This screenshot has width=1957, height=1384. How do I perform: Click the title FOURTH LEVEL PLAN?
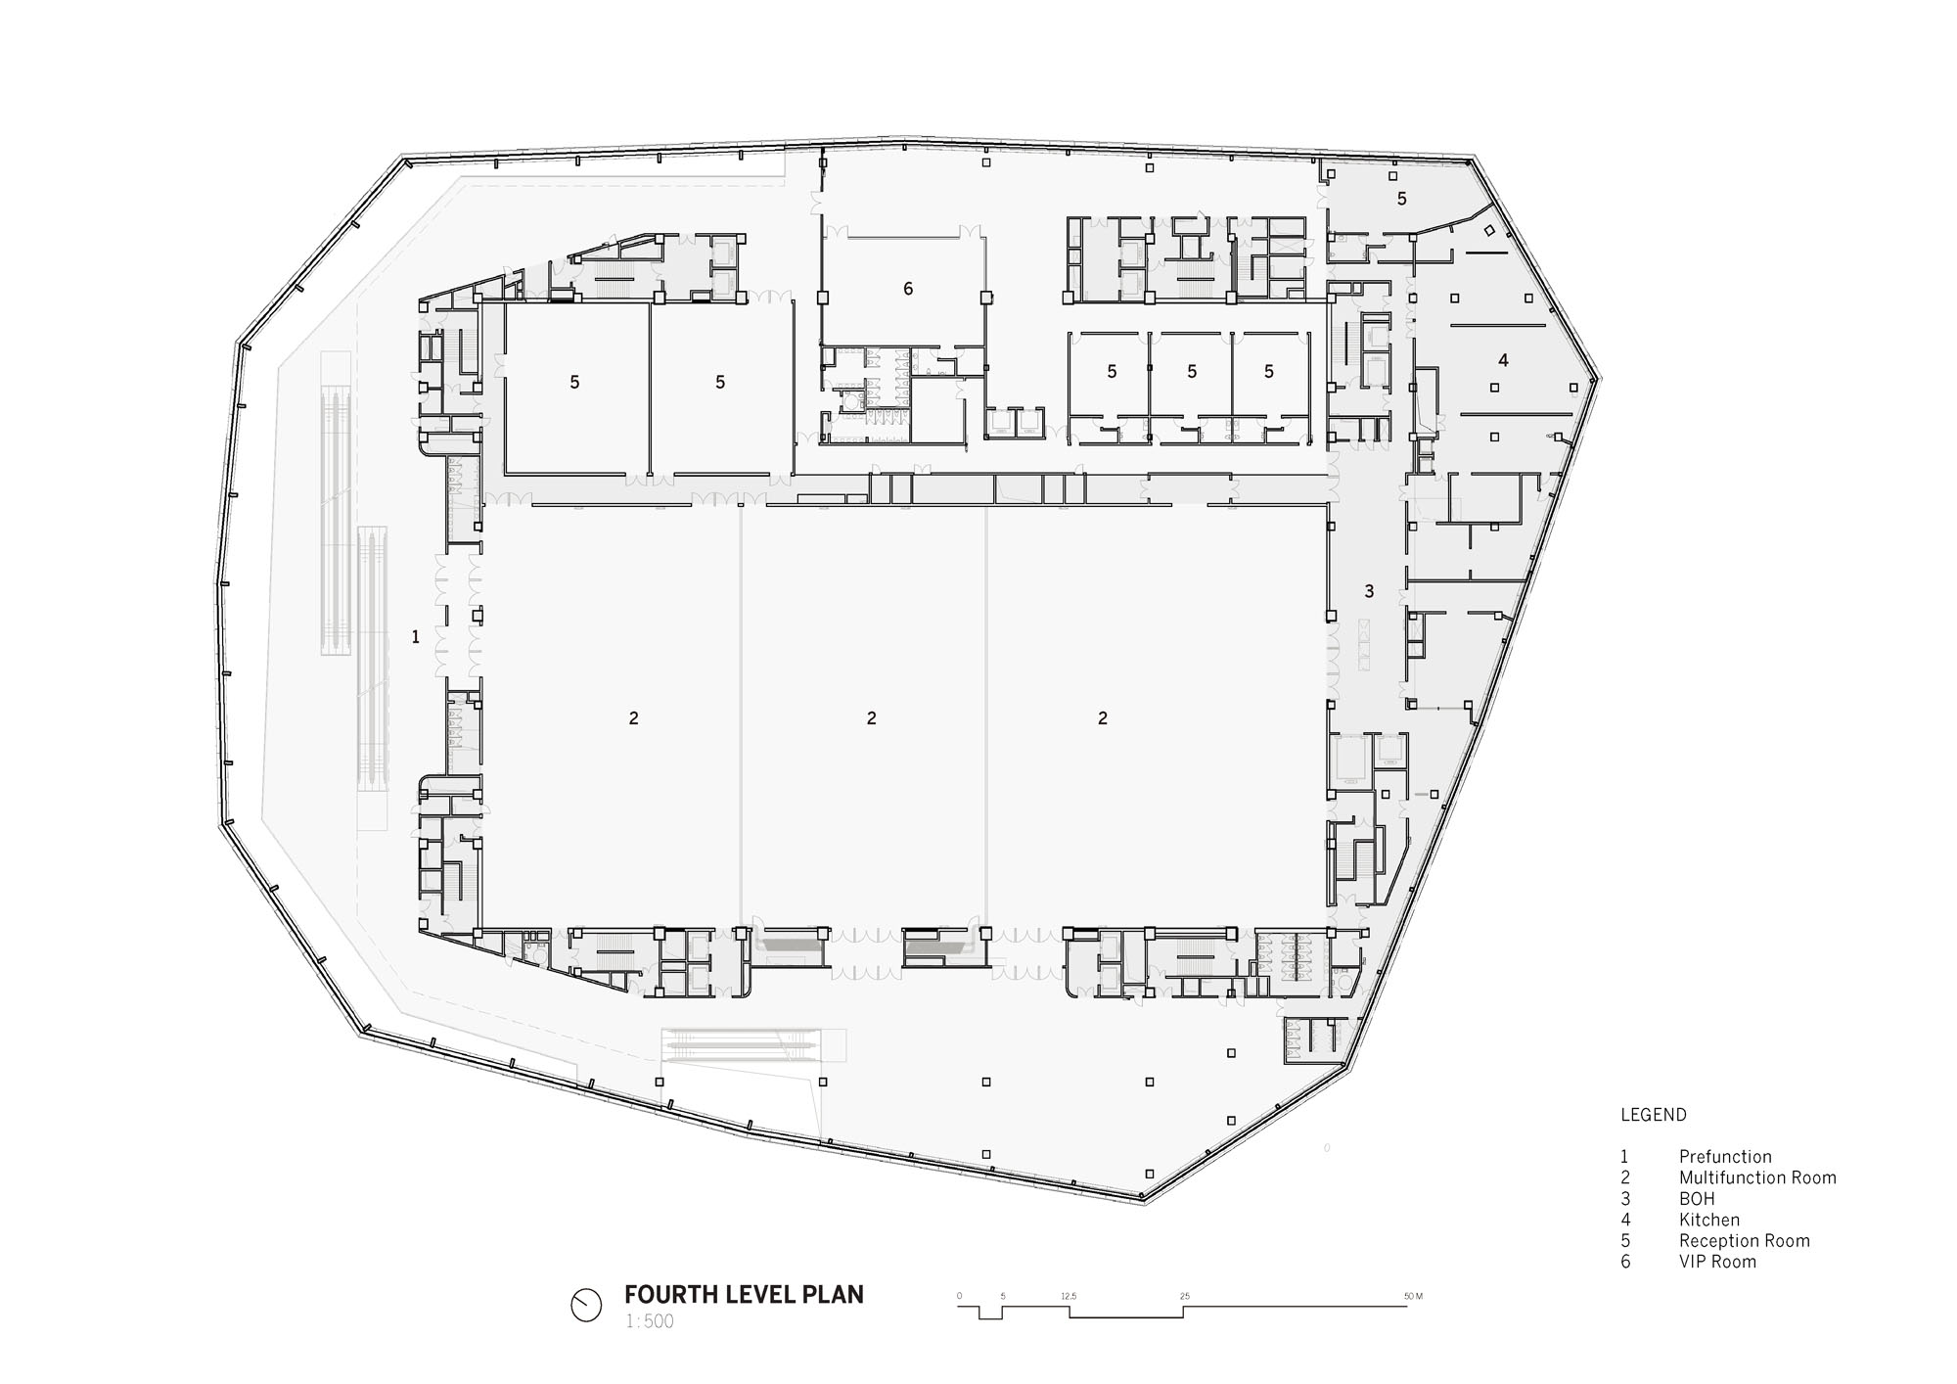pyautogui.click(x=744, y=1294)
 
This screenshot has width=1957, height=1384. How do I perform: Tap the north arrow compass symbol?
pyautogui.click(x=586, y=1305)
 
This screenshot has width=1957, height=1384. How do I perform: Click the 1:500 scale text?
pyautogui.click(x=650, y=1321)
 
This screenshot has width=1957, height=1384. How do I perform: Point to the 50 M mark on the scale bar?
pyautogui.click(x=1412, y=1297)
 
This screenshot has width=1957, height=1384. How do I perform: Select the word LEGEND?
pyautogui.click(x=1654, y=1115)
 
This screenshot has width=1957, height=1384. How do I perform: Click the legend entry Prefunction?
pyautogui.click(x=1725, y=1157)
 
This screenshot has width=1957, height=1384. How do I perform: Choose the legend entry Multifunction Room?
pyautogui.click(x=1757, y=1177)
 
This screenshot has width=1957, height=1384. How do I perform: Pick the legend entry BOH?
pyautogui.click(x=1697, y=1199)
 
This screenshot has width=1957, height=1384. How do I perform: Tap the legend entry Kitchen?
pyautogui.click(x=1708, y=1220)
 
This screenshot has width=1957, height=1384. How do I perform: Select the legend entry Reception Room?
pyautogui.click(x=1744, y=1241)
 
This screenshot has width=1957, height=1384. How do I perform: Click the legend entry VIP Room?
pyautogui.click(x=1717, y=1262)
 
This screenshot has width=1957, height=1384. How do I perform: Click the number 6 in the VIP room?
pyautogui.click(x=908, y=289)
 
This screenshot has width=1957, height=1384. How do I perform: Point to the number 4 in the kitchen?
pyautogui.click(x=1503, y=360)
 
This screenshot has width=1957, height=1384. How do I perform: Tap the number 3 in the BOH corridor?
pyautogui.click(x=1369, y=591)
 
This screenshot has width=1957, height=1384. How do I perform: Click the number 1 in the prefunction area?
pyautogui.click(x=416, y=637)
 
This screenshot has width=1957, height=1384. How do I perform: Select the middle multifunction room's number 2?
pyautogui.click(x=871, y=718)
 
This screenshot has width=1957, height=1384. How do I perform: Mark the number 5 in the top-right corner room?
pyautogui.click(x=1401, y=199)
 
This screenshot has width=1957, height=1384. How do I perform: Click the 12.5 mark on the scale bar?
pyautogui.click(x=1068, y=1297)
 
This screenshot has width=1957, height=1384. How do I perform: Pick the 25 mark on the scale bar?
pyautogui.click(x=1184, y=1297)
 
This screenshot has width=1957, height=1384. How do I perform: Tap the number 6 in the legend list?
pyautogui.click(x=1625, y=1262)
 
